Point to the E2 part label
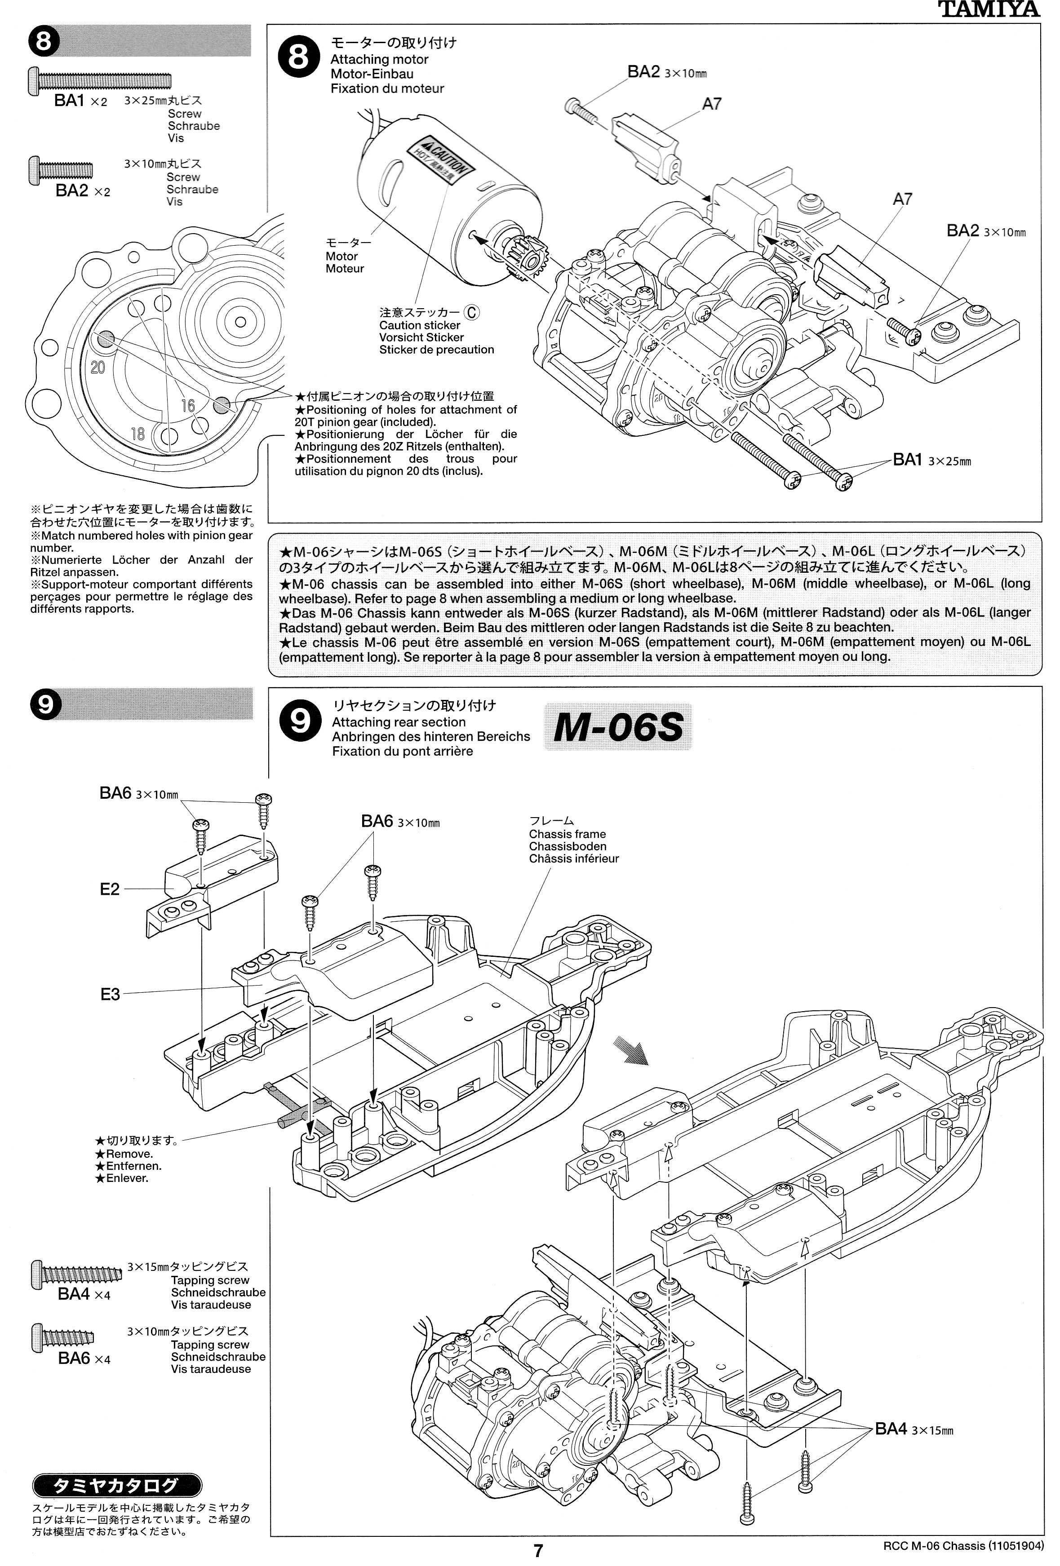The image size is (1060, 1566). pos(109,889)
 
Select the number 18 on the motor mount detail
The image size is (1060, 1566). pos(137,433)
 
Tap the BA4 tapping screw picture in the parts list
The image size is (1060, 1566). pos(77,1274)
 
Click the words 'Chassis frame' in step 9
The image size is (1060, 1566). pos(567,834)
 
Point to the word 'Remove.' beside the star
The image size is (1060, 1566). pos(129,1154)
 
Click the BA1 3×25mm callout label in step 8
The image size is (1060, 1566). pos(931,460)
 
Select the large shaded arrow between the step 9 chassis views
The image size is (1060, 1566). pos(630,1050)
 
